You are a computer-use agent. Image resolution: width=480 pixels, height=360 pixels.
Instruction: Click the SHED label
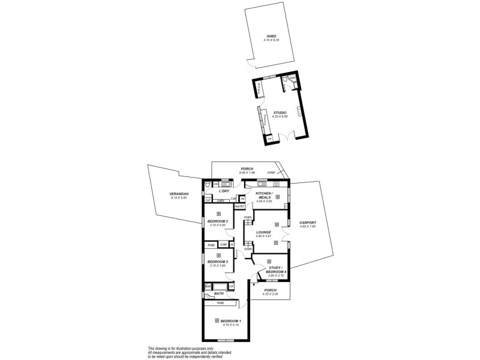pos(272,36)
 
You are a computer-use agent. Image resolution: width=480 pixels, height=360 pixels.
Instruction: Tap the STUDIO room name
pos(280,112)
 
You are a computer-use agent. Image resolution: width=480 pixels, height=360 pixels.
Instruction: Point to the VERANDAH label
pos(179,194)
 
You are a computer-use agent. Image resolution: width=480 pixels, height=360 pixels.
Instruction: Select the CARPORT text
pos(307,223)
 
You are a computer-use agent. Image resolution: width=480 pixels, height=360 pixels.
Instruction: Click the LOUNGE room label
pos(263,232)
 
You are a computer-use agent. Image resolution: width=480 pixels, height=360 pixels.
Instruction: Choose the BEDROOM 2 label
pos(218,221)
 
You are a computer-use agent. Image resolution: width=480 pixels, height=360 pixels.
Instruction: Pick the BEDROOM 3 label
pos(218,262)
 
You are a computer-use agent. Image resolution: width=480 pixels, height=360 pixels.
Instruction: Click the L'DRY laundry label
pos(224,191)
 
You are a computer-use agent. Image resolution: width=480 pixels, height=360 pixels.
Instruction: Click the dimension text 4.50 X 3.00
pos(264,202)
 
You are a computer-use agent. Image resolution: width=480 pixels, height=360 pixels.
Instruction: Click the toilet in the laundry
pos(207,186)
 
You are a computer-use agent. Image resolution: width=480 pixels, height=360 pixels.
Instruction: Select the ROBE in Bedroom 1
pos(220,303)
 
